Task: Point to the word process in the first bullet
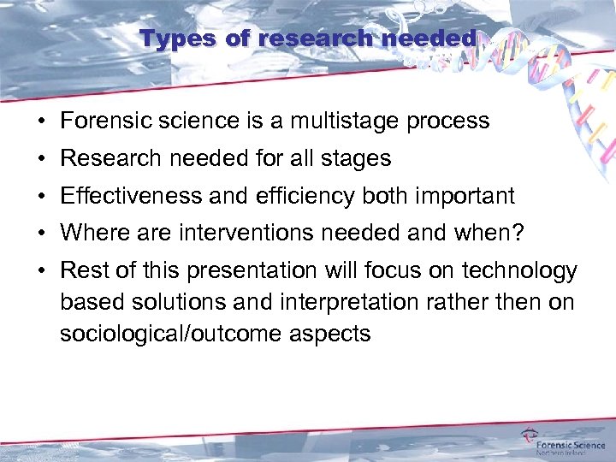tap(448, 121)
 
